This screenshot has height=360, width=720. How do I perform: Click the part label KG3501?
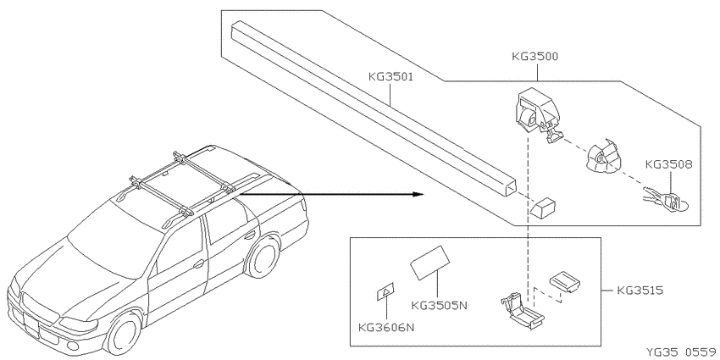click(x=390, y=77)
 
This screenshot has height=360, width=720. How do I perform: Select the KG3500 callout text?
click(x=535, y=57)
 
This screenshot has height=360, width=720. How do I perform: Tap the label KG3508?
click(x=668, y=164)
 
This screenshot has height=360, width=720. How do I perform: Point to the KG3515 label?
click(x=640, y=291)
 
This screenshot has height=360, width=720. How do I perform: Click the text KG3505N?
click(x=439, y=305)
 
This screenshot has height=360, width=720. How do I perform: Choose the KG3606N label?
click(x=386, y=328)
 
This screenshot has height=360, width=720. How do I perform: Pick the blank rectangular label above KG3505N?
click(x=429, y=263)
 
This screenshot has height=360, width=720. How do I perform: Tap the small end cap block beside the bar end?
click(x=543, y=207)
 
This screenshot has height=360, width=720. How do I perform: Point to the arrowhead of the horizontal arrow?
click(x=418, y=194)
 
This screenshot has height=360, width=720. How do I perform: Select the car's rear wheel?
click(x=263, y=255)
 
